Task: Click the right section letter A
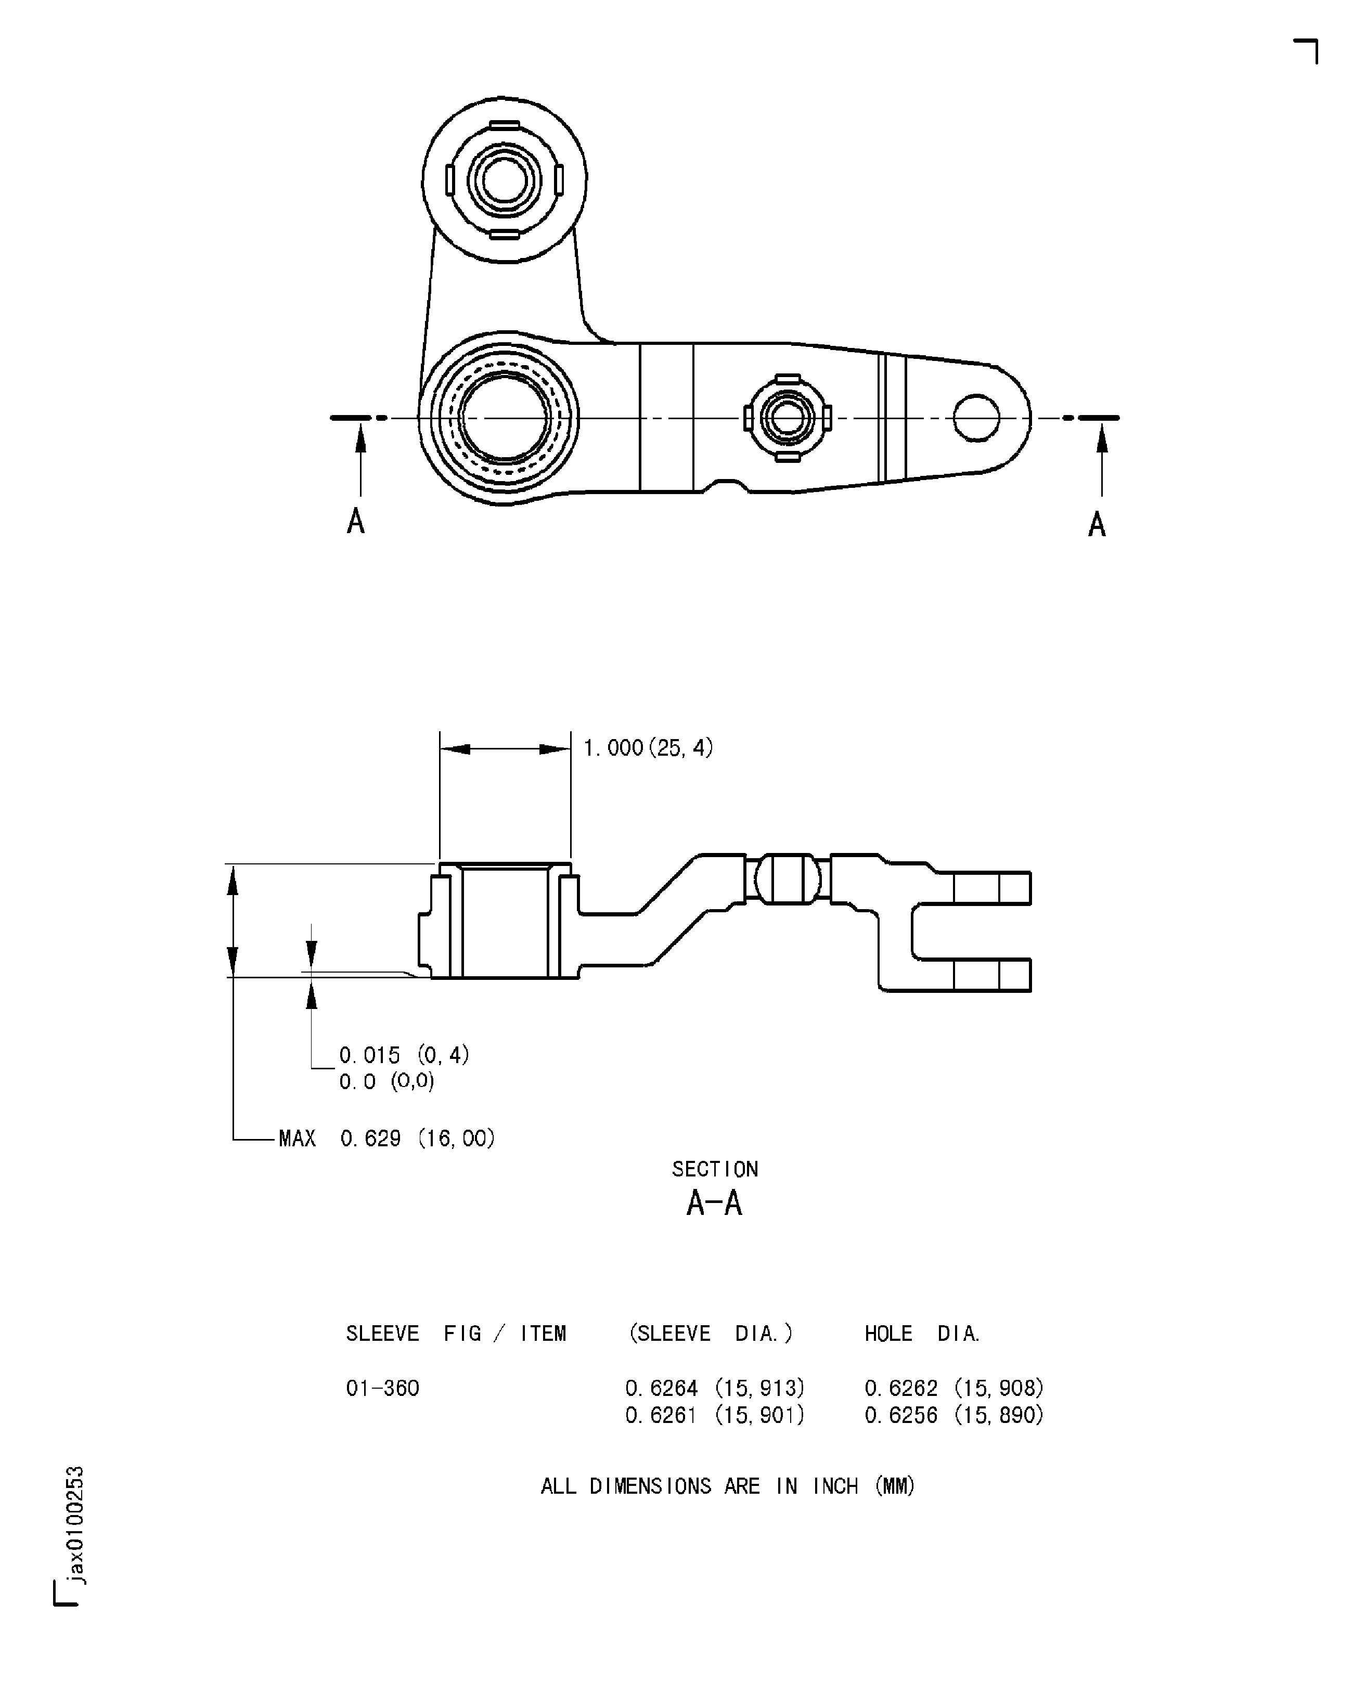click(1097, 524)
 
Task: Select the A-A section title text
click(714, 1204)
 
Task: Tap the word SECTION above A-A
click(715, 1169)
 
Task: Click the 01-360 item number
click(382, 1388)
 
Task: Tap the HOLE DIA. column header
click(922, 1334)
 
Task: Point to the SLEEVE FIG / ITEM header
click(456, 1334)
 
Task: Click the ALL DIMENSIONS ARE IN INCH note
click(727, 1486)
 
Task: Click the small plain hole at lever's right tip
click(976, 418)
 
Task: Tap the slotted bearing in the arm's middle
click(787, 418)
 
